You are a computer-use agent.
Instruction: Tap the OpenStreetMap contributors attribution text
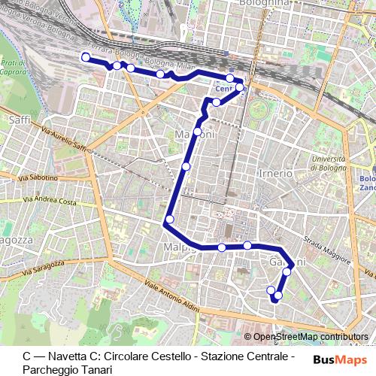[x=310, y=337]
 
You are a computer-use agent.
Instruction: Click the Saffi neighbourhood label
[x=18, y=119]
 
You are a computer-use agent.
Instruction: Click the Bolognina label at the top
[x=263, y=3]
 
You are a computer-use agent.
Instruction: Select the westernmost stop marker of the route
[x=85, y=57]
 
